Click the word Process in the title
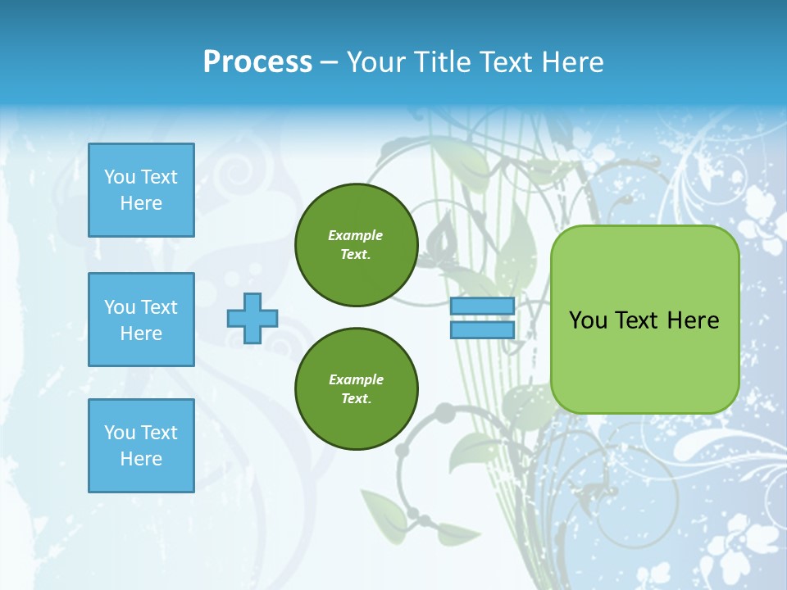(x=257, y=62)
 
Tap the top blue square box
(x=141, y=190)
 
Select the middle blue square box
(x=141, y=320)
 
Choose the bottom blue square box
(x=141, y=446)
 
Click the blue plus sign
(x=252, y=318)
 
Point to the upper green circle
(x=356, y=245)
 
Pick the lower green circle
(x=356, y=389)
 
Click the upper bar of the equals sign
(x=482, y=306)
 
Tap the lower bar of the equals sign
(x=482, y=330)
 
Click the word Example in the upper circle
(x=356, y=235)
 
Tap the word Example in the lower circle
(x=356, y=379)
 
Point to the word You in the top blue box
(x=120, y=177)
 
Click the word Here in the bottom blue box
(x=141, y=459)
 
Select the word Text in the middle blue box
(x=158, y=307)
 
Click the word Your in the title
(x=375, y=62)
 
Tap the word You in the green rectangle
(x=588, y=320)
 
